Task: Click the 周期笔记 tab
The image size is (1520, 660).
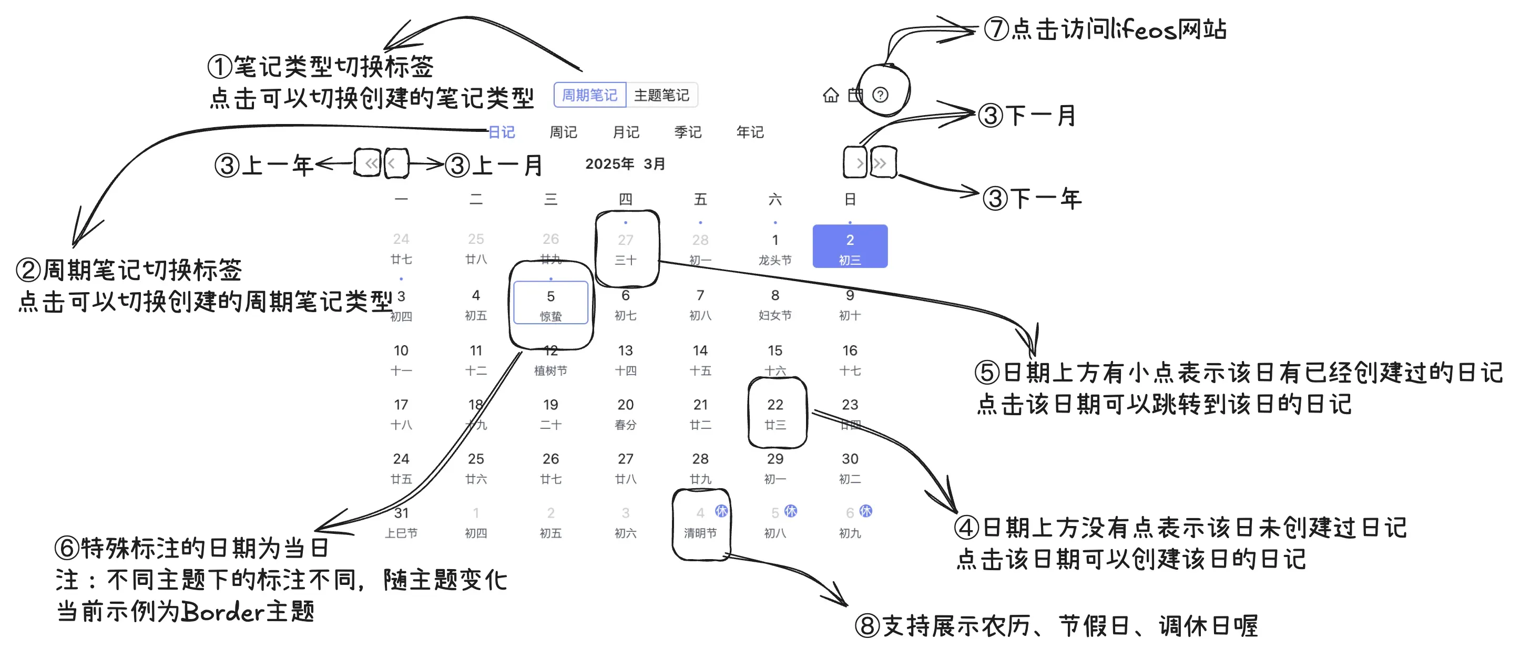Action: click(x=589, y=95)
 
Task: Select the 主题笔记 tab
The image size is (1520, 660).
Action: click(x=661, y=95)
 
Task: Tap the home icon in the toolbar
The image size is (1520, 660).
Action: click(x=830, y=95)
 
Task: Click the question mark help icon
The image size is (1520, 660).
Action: click(x=880, y=95)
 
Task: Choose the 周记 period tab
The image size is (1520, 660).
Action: click(x=563, y=132)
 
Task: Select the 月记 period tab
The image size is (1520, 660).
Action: click(x=626, y=132)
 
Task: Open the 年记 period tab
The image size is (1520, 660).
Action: click(x=749, y=132)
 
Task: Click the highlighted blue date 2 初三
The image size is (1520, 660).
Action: click(x=850, y=247)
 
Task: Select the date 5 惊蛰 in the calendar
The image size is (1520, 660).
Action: click(x=550, y=303)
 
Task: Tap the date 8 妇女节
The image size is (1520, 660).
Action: click(x=775, y=303)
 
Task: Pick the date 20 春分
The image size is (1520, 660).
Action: click(x=626, y=413)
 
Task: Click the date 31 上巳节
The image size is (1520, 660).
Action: click(x=401, y=521)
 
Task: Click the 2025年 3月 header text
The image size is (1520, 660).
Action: click(x=625, y=164)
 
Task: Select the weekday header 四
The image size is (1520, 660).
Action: click(x=626, y=199)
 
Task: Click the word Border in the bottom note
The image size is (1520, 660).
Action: click(x=222, y=612)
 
